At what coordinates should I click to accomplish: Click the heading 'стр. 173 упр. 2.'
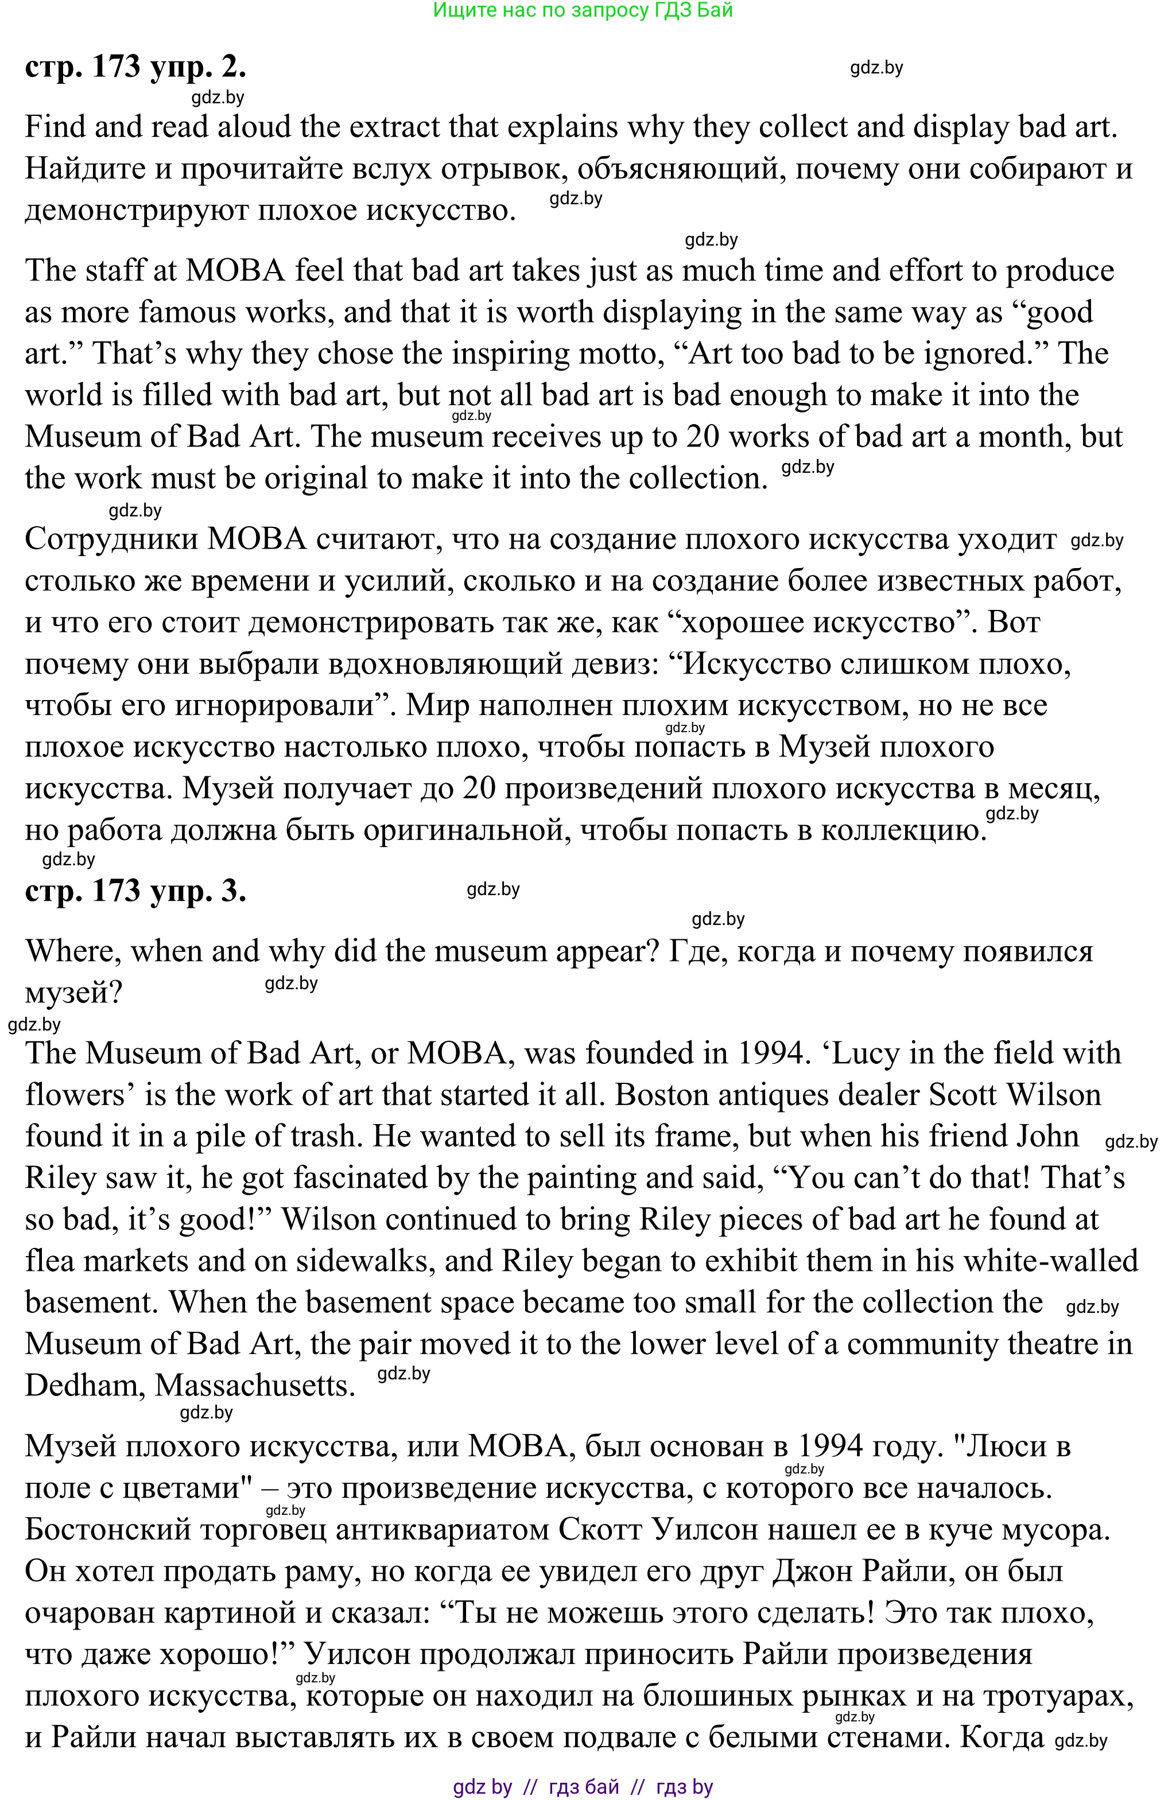[x=135, y=67]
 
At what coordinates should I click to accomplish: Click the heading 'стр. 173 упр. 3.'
[x=135, y=891]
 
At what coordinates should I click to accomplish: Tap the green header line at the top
[x=583, y=10]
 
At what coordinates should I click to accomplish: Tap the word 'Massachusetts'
[x=255, y=1386]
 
